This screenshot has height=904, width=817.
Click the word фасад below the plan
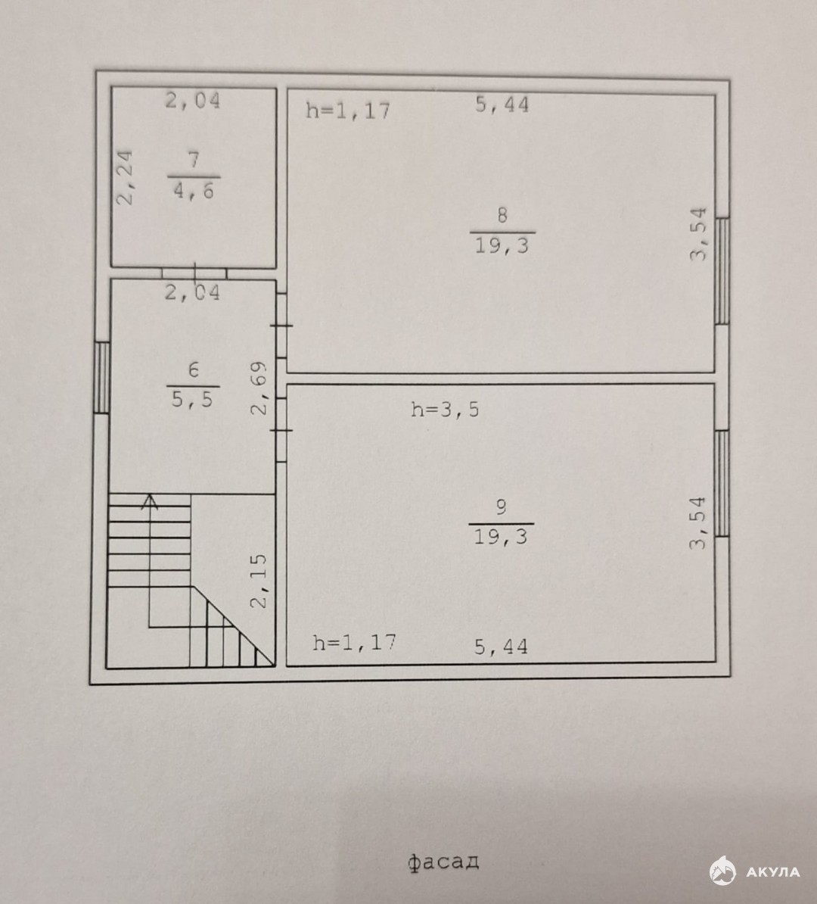point(443,862)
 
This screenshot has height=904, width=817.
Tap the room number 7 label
point(194,159)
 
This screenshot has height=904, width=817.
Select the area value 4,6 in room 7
point(194,190)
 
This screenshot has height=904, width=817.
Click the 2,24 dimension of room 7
point(125,177)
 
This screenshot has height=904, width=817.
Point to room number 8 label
point(502,215)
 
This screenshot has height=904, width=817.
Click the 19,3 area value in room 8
point(502,245)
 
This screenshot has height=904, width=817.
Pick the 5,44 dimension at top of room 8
point(502,104)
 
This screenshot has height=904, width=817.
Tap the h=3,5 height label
point(445,410)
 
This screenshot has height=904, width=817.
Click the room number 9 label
point(502,507)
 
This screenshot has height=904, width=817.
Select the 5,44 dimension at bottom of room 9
point(501,647)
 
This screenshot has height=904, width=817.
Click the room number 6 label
point(194,369)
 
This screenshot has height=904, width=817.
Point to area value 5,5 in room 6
point(192,398)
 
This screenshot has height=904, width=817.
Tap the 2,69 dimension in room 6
point(259,388)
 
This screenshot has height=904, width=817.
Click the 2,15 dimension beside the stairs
point(259,581)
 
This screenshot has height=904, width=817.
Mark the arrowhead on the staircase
point(151,501)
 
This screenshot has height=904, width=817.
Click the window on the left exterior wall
point(101,378)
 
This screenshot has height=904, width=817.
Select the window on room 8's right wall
point(722,270)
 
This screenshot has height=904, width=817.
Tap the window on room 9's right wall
point(722,483)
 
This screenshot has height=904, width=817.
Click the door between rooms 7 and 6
point(194,273)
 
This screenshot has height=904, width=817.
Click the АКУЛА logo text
point(772,872)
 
